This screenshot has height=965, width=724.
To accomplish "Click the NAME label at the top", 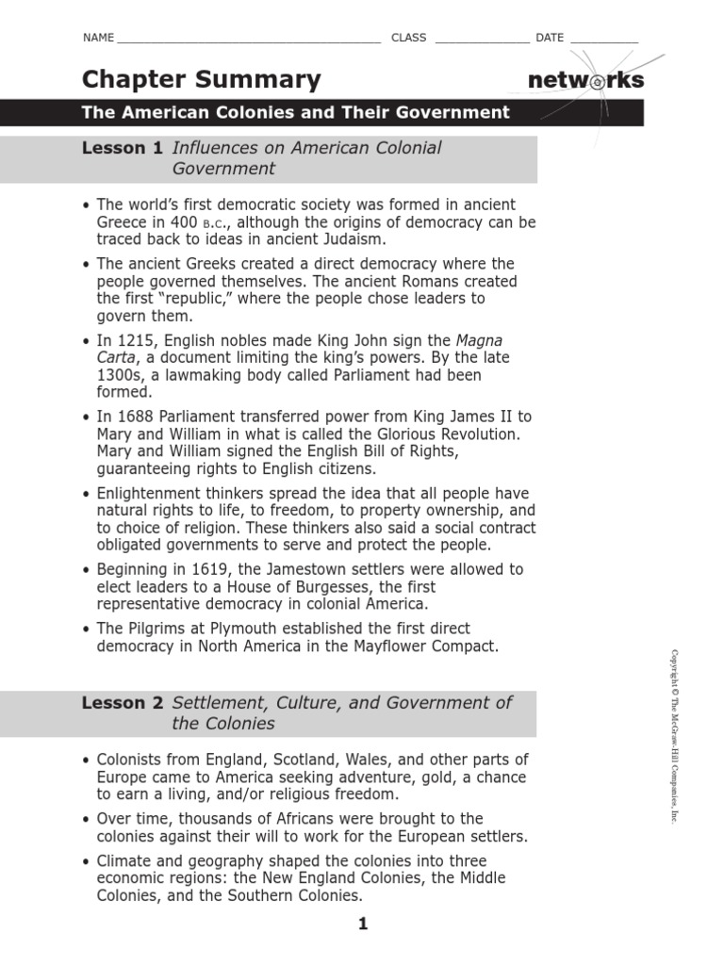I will [98, 38].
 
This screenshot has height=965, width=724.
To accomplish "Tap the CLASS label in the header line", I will [408, 38].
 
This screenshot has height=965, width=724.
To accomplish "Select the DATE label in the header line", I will [550, 38].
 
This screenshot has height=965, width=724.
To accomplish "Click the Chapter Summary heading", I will [201, 80].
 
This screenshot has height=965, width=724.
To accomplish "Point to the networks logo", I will [586, 81].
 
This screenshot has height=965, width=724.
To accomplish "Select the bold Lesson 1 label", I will [122, 148].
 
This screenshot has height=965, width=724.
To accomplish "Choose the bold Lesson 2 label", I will [122, 703].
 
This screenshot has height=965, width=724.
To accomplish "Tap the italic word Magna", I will [480, 340].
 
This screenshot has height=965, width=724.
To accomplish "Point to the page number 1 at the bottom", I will [362, 924].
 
